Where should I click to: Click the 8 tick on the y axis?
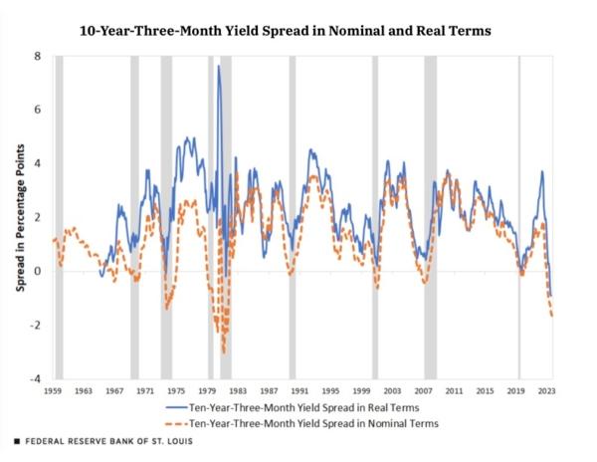point(37,56)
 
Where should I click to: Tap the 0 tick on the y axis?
point(37,272)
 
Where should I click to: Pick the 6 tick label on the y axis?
point(37,110)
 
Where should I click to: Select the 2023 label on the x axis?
point(546,391)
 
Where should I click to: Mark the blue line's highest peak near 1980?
point(218,67)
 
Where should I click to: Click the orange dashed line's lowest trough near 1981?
point(224,351)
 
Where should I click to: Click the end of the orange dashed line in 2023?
point(552,316)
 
